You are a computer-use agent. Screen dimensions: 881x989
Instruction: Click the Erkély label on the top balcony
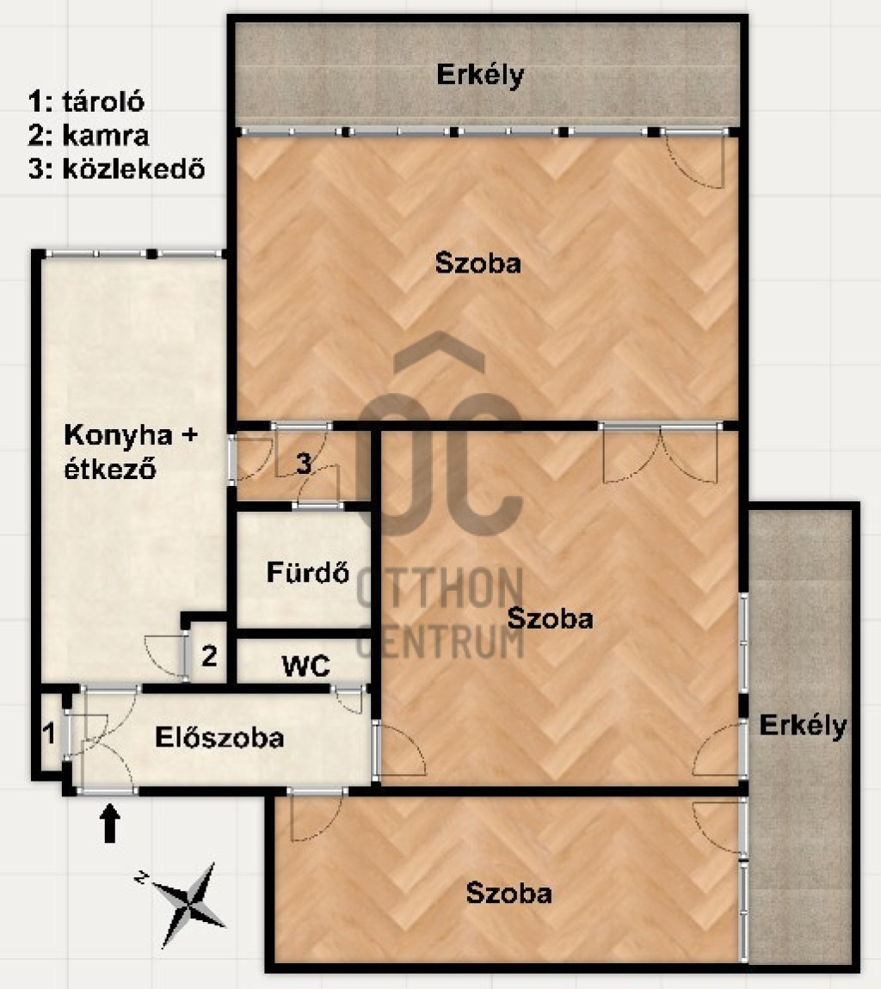(x=480, y=75)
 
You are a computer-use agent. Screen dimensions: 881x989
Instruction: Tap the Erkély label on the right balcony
(x=803, y=725)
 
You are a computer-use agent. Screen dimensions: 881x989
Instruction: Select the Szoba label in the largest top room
(x=478, y=263)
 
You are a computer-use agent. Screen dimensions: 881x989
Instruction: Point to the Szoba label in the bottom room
(x=508, y=894)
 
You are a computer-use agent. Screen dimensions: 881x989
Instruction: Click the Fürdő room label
(x=308, y=572)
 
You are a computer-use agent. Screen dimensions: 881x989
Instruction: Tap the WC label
(x=305, y=666)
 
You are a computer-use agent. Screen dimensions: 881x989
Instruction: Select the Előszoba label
(x=219, y=737)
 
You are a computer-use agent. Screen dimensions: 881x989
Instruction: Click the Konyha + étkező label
(x=131, y=451)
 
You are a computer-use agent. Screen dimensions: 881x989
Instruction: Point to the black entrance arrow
(x=110, y=823)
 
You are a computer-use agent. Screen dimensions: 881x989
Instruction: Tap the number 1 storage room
(x=48, y=734)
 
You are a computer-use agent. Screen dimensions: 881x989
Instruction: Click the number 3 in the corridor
(x=304, y=464)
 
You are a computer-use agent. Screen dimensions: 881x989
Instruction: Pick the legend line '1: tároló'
(x=86, y=101)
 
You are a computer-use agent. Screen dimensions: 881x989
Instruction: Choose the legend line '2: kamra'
(x=89, y=136)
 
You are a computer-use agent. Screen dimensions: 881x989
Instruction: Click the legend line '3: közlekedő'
(x=117, y=169)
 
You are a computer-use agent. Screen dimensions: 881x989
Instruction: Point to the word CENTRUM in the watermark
(x=440, y=642)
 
